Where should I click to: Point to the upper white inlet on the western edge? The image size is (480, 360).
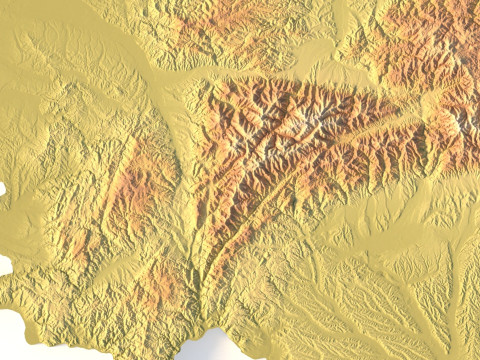tap(2, 188)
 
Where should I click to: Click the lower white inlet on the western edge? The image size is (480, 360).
tap(4, 265)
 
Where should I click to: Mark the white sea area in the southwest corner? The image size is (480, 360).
tap(25, 335)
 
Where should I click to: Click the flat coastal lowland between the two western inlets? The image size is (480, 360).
tap(15, 225)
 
